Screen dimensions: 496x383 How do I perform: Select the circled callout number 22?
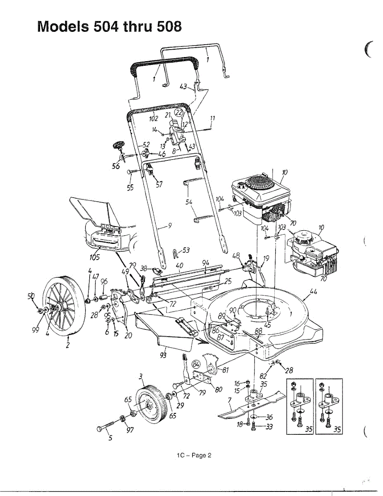(179, 113)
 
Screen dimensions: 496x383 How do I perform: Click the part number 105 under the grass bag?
(95, 257)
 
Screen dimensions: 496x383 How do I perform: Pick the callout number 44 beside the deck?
(313, 292)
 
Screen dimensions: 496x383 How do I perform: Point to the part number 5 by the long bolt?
(110, 439)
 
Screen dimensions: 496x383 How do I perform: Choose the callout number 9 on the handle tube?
(169, 225)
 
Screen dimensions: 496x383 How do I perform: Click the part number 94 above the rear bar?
(206, 263)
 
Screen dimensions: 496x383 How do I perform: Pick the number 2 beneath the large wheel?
(67, 346)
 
